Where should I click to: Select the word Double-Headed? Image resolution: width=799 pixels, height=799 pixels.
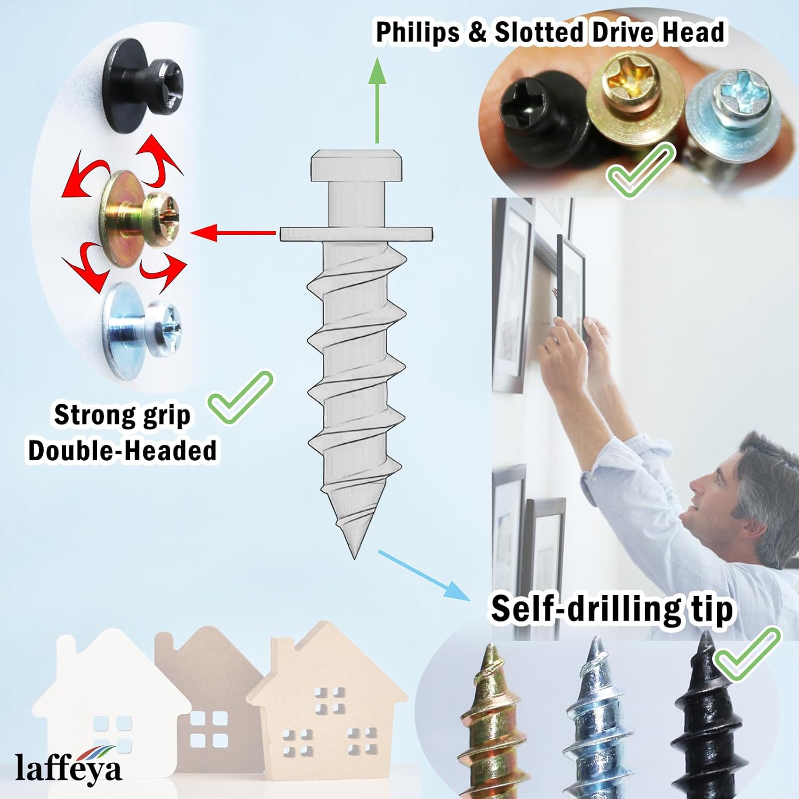click(123, 450)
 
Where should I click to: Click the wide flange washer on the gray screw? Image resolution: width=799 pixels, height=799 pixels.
click(356, 233)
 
